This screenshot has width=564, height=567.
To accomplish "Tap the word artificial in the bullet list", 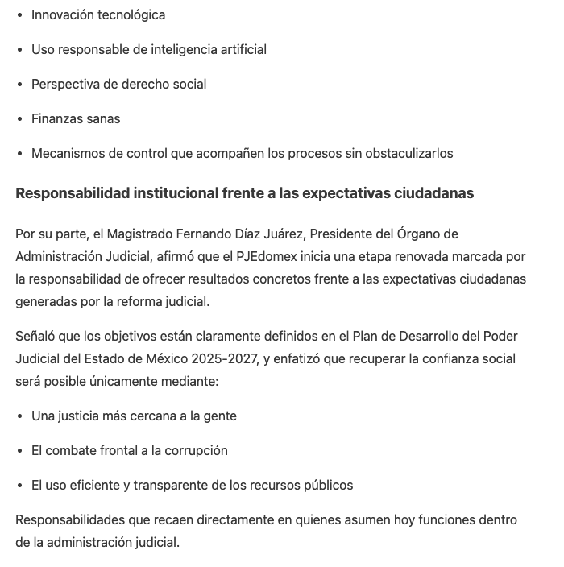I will pyautogui.click(x=239, y=49).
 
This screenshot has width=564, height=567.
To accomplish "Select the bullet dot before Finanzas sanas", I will pyautogui.click(x=21, y=119).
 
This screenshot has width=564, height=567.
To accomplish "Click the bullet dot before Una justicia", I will pyautogui.click(x=21, y=416).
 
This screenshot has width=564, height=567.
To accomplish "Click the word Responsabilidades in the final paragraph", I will pyautogui.click(x=70, y=519).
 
